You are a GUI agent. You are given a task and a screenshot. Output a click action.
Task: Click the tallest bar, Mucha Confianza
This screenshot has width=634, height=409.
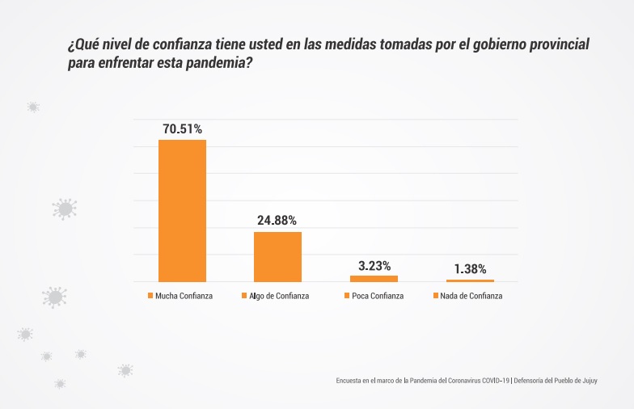(182, 210)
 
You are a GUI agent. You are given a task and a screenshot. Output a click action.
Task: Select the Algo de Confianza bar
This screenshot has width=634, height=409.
(277, 256)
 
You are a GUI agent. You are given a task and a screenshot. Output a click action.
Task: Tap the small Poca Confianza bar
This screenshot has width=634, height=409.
(374, 278)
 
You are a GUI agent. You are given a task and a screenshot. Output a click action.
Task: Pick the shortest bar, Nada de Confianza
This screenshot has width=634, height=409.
(470, 280)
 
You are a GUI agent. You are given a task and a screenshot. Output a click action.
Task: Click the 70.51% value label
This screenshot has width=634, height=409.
(182, 129)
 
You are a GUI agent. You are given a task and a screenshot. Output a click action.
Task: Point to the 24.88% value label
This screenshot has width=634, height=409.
(277, 220)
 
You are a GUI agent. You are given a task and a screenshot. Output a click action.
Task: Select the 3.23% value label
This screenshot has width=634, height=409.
(374, 265)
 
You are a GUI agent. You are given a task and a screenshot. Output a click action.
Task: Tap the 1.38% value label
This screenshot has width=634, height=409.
(470, 269)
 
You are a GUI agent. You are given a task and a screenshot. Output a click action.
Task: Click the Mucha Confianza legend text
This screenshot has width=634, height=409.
(184, 296)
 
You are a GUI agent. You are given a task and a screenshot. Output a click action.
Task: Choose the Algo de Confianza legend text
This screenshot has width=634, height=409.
(279, 296)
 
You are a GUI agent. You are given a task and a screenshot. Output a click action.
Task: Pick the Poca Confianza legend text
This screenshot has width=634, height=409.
(378, 296)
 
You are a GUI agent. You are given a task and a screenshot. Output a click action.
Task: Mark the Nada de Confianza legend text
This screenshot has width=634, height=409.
(472, 296)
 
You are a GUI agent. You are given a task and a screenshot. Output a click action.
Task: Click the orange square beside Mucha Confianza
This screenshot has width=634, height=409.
(150, 296)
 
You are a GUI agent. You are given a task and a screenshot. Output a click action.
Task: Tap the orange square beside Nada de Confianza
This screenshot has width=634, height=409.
(437, 296)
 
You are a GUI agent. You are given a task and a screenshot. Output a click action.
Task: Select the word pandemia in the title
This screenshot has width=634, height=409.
(213, 63)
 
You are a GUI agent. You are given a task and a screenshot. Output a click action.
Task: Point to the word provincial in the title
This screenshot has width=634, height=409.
(560, 45)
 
